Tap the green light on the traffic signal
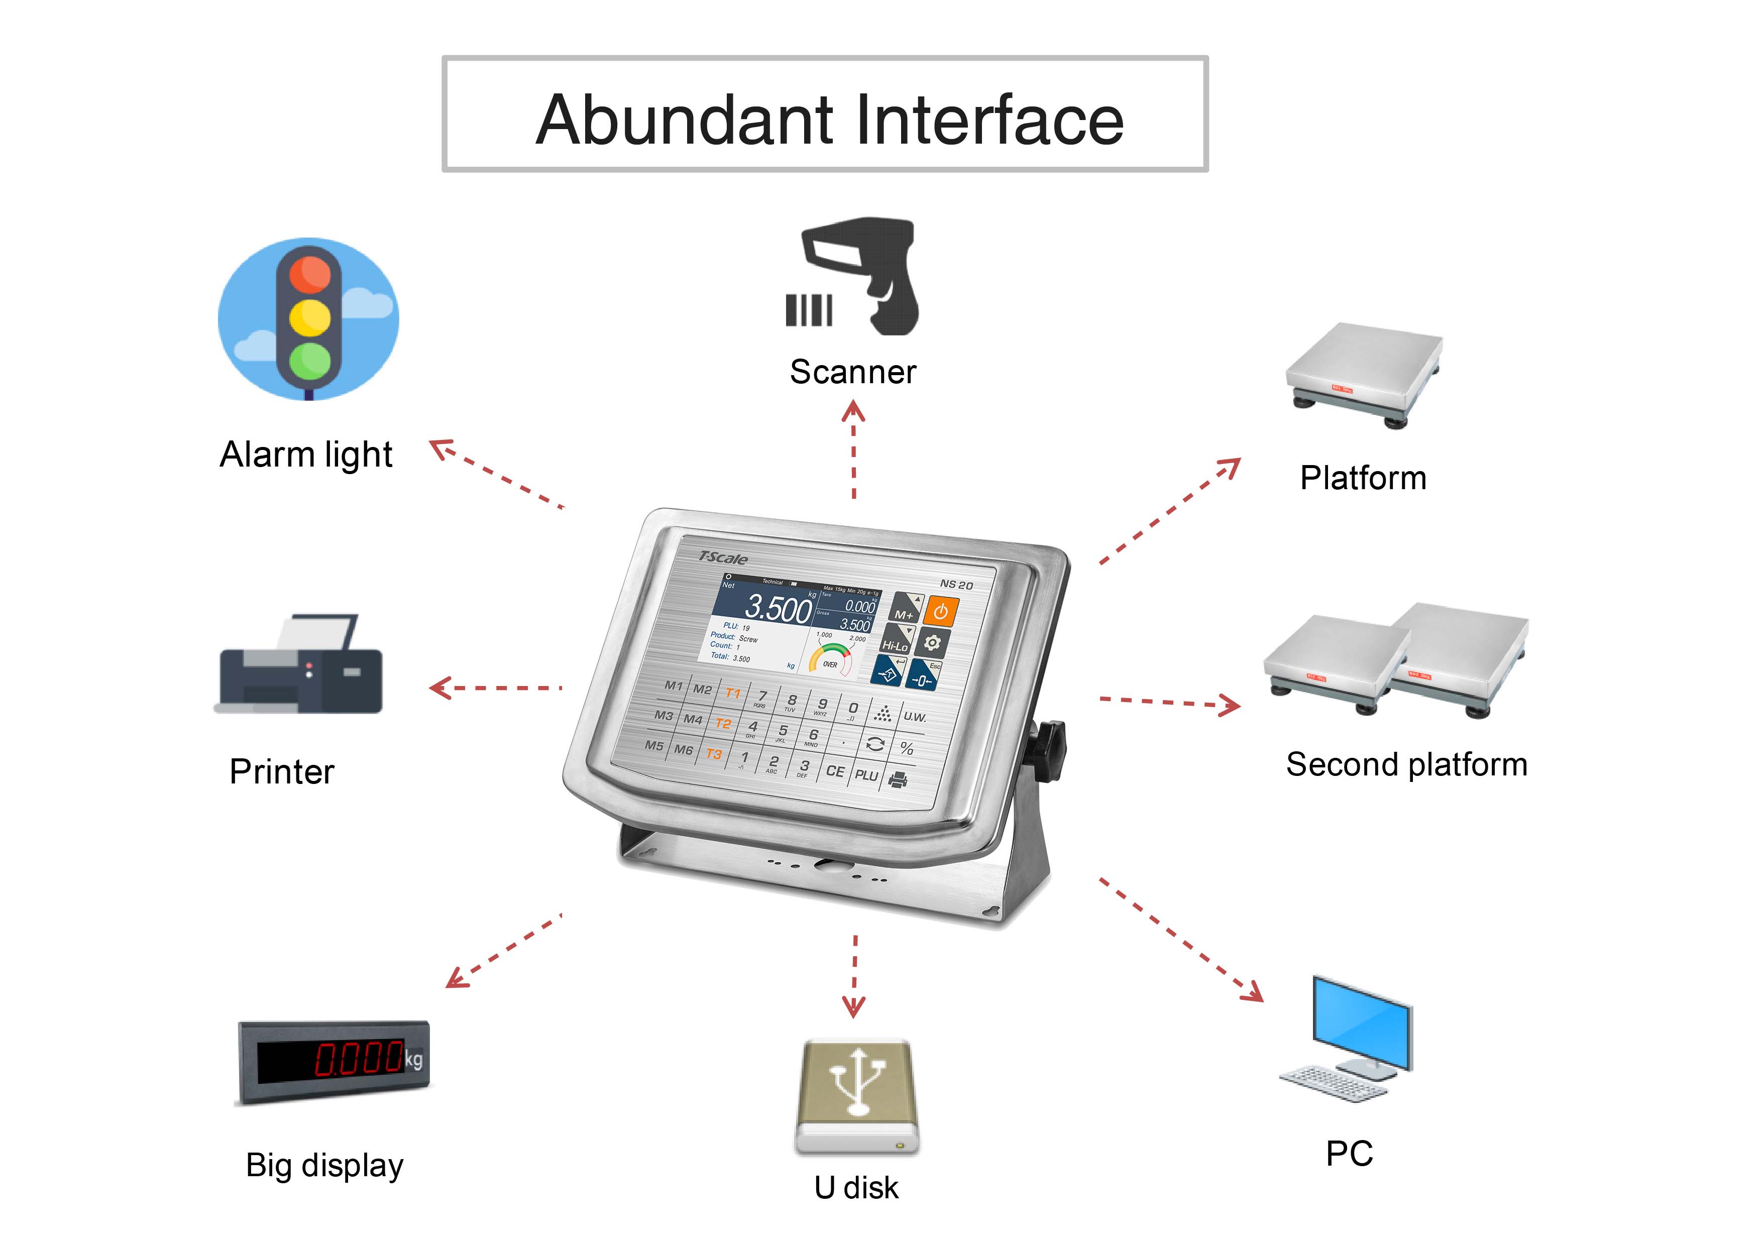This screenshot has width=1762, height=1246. point(310,359)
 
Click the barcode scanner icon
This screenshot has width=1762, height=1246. point(863,276)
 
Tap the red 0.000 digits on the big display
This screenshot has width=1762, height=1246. point(359,1059)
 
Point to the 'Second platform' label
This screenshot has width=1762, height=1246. point(1406,765)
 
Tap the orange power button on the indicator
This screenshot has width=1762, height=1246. point(940,612)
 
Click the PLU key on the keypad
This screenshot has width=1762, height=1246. point(866,775)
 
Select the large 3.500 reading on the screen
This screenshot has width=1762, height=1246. point(778,608)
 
